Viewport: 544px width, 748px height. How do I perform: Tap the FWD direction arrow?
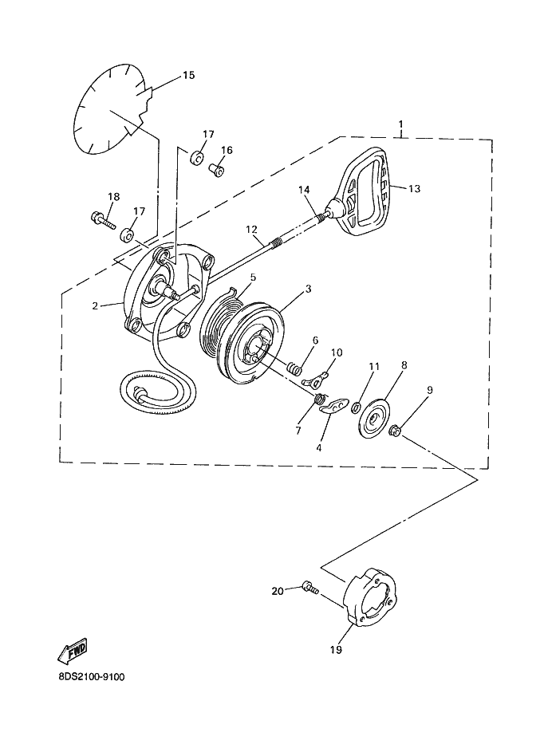(x=73, y=651)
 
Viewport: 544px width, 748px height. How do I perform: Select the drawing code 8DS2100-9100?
(x=91, y=676)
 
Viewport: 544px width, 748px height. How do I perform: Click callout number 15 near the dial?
(x=188, y=75)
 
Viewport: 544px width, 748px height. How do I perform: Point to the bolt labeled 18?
(x=103, y=220)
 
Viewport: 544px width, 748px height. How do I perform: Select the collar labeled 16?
(x=216, y=169)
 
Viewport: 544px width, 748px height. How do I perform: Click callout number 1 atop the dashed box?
(x=401, y=124)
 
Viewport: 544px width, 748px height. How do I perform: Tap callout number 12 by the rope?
(x=251, y=230)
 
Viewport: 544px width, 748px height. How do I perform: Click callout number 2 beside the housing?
(x=95, y=305)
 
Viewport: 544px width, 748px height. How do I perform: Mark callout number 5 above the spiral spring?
(x=253, y=277)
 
